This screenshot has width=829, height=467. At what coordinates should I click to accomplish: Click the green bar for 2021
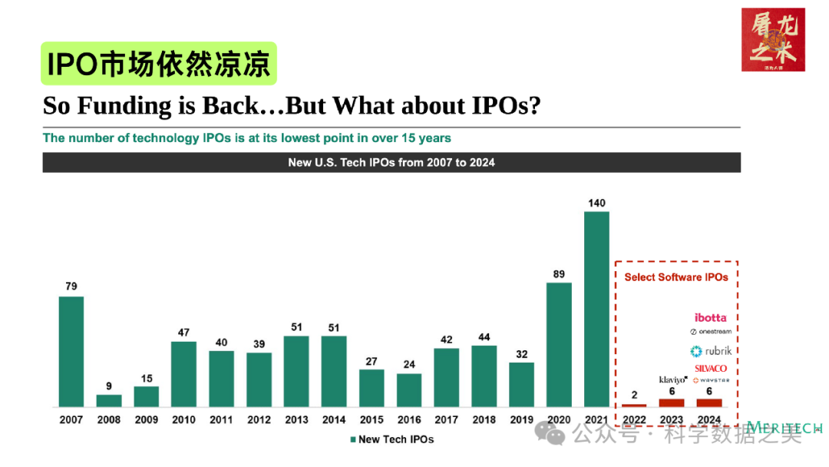point(596,309)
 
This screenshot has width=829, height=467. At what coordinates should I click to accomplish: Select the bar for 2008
point(109,400)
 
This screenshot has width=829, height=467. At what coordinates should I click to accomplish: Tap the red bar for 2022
point(634,405)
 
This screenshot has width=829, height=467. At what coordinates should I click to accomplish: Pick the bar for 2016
point(409,390)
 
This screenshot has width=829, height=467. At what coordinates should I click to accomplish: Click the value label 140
point(596,203)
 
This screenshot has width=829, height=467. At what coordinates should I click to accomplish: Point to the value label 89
point(559,274)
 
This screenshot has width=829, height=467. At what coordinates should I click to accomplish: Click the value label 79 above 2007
point(71,286)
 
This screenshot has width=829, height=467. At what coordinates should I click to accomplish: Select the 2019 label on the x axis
point(522,420)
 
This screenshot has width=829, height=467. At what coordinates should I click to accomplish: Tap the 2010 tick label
point(183,420)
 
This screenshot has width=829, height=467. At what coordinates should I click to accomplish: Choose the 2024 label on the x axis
point(709,420)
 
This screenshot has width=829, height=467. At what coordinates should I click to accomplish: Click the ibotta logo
point(710,317)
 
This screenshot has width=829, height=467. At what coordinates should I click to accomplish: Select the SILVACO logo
point(711,368)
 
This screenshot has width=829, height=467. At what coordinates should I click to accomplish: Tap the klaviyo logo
point(672,380)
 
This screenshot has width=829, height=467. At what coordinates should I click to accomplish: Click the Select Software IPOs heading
point(676,277)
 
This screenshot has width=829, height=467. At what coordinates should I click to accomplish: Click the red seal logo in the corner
point(773,40)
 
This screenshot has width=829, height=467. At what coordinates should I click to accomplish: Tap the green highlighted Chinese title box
point(159,64)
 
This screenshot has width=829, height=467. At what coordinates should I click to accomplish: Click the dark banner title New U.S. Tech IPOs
point(391,162)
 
